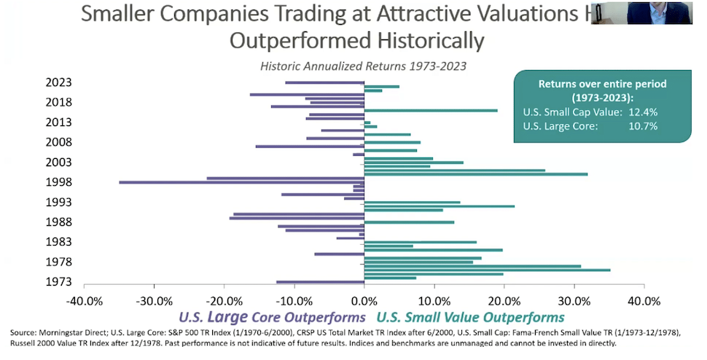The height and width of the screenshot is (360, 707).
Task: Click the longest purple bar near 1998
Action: click(241, 182)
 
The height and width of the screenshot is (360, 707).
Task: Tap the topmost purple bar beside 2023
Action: click(324, 82)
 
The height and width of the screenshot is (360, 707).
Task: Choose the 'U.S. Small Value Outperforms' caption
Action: click(470, 318)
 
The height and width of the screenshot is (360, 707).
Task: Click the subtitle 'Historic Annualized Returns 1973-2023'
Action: click(363, 66)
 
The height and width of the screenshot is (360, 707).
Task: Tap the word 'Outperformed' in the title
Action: click(300, 40)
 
